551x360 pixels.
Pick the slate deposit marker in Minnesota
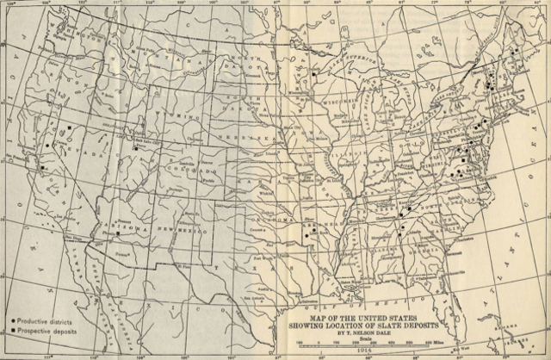315,76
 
